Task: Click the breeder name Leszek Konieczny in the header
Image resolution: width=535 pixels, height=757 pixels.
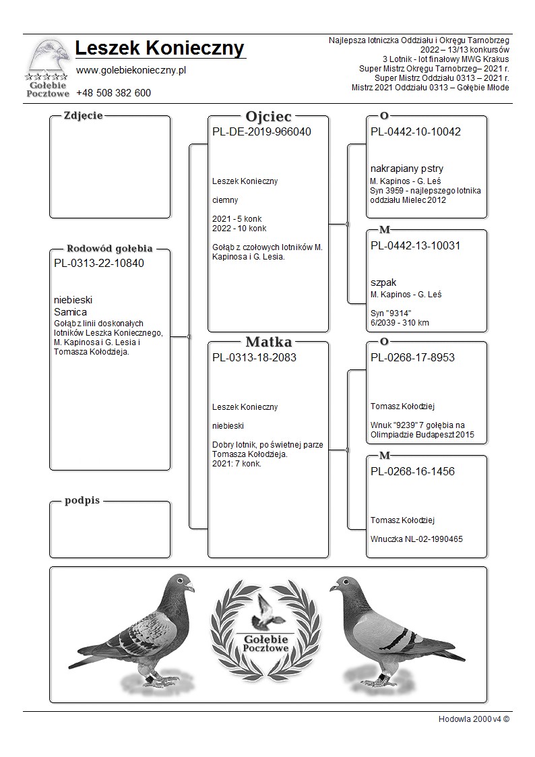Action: pos(160,49)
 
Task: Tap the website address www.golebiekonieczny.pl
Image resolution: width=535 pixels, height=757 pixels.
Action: pos(131,70)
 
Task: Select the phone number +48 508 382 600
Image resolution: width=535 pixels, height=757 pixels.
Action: pos(113,93)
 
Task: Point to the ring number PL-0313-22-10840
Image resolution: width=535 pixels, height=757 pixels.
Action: pos(98,263)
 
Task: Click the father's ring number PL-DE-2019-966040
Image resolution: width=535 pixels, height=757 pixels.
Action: pos(261,131)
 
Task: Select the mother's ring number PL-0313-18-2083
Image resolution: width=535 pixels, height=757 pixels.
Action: pos(254,357)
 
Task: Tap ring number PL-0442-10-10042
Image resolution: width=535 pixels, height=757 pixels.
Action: pos(416,131)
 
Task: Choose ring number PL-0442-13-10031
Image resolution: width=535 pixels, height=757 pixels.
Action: pos(416,245)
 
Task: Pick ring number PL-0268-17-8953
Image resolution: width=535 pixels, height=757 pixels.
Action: pos(412,357)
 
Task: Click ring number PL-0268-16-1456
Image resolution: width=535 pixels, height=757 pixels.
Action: pos(412,471)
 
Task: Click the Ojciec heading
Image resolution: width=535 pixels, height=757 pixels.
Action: pos(268,116)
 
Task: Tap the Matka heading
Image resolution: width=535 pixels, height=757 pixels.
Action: pos(268,342)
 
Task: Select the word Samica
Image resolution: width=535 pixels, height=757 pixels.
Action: pos(70,312)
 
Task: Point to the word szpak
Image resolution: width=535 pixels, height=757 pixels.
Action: pos(383,282)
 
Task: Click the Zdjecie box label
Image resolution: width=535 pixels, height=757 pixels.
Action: pos(83,115)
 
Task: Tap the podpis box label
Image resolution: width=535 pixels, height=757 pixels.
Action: pos(83,501)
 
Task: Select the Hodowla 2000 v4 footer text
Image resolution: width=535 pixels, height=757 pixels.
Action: pos(474,719)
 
